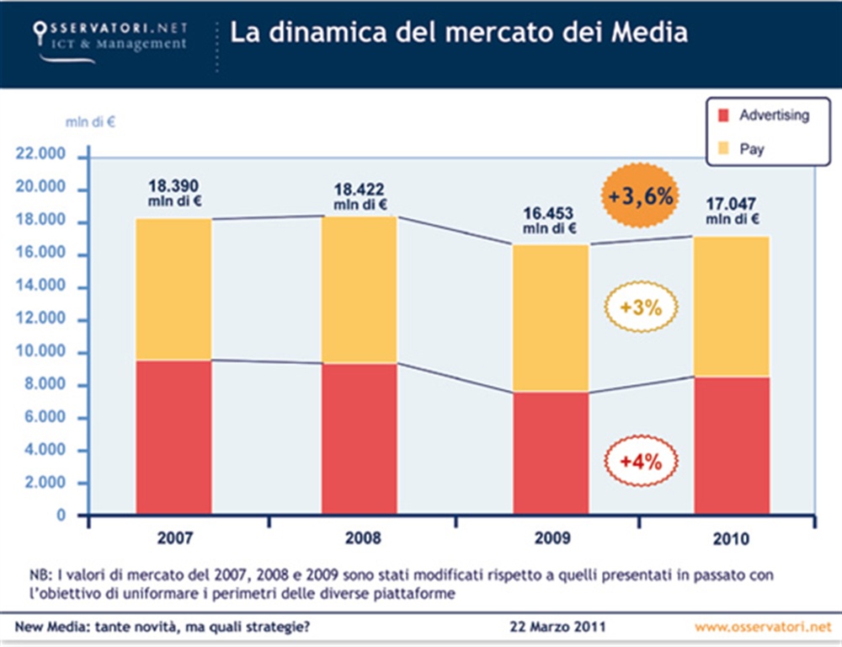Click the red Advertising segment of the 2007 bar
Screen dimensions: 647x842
174,436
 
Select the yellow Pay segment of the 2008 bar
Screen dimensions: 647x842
359,290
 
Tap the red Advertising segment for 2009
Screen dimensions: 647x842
552,452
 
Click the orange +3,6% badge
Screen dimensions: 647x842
642,197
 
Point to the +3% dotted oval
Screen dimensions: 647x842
641,307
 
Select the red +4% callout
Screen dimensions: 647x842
641,461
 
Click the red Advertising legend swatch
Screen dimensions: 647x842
721,116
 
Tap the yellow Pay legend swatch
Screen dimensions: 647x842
721,149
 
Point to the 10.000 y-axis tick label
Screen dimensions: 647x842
40,353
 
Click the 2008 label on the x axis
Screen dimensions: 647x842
363,538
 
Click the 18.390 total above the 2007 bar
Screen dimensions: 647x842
173,185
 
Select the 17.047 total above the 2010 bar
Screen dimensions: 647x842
732,203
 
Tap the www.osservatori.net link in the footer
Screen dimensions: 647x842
763,627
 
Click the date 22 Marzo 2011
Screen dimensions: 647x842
557,627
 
